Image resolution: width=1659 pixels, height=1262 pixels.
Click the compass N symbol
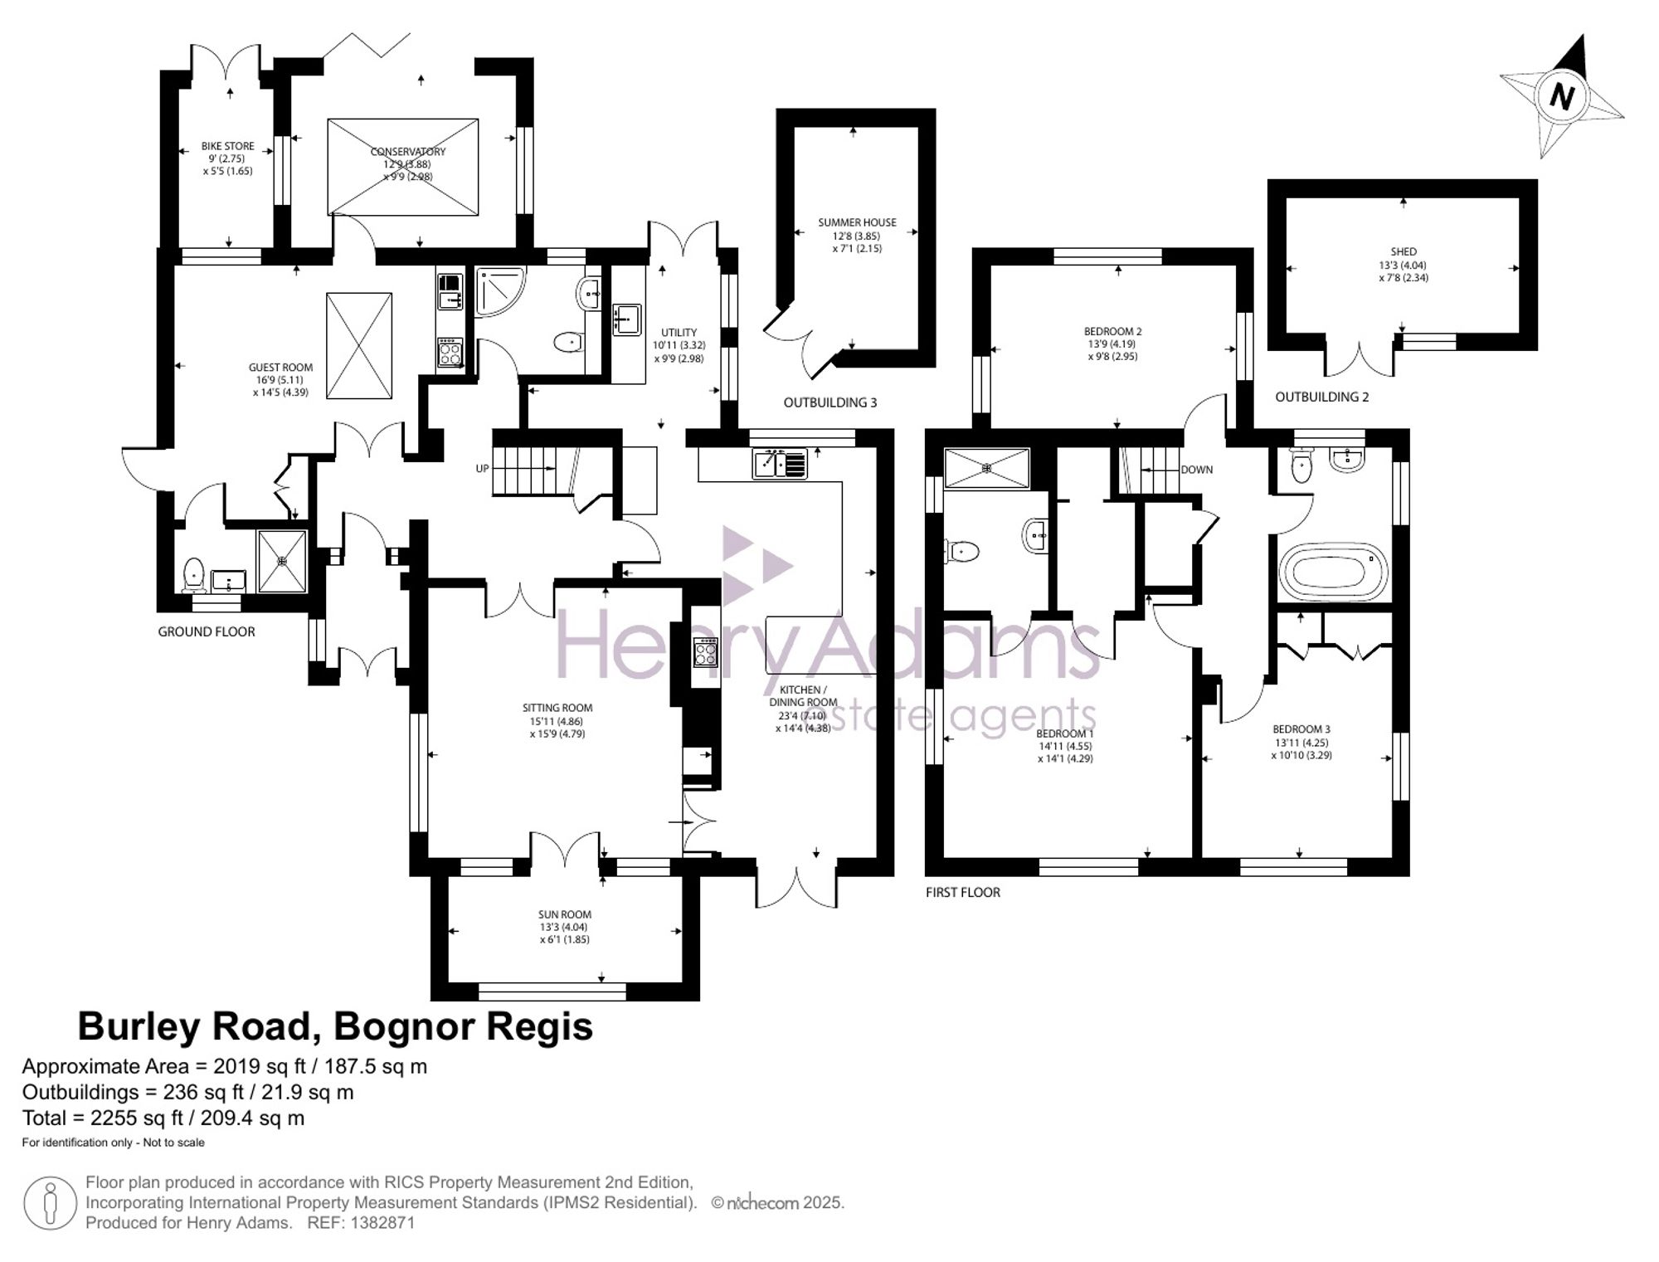[1562, 96]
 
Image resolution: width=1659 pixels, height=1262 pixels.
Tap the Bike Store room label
[227, 147]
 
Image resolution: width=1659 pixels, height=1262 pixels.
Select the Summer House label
[857, 222]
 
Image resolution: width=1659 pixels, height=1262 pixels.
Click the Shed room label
[1403, 251]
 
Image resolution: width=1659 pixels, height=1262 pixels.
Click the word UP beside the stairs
[482, 469]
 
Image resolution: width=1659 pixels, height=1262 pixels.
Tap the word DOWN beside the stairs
[1196, 470]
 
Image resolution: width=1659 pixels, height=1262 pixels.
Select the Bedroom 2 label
[1112, 332]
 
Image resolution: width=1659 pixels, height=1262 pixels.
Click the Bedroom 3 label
[1301, 729]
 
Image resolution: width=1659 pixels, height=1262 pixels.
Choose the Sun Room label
[564, 914]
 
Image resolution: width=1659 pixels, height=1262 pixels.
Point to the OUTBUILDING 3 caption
[829, 402]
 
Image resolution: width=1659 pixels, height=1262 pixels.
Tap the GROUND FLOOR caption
[207, 631]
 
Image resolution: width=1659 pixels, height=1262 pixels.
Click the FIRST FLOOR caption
[962, 892]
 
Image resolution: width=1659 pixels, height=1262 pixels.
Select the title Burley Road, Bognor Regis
[335, 1026]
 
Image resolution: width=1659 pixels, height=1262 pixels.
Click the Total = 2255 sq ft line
[163, 1118]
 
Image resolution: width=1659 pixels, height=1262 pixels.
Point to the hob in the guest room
[450, 351]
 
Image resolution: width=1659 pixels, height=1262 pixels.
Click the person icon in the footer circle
[51, 1202]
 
